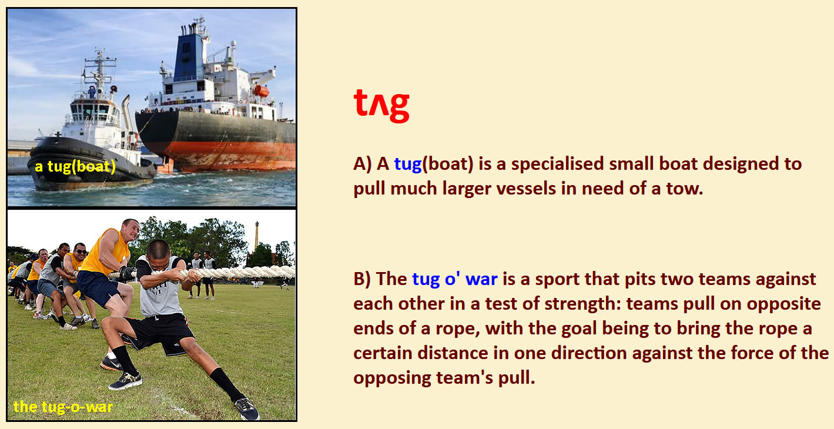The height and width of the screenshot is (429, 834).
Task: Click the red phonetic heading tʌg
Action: pos(381,105)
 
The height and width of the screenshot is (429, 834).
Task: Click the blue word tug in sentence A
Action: pos(408,165)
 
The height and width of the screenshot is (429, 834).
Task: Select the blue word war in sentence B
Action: pos(481,279)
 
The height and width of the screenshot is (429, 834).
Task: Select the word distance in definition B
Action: pos(453,353)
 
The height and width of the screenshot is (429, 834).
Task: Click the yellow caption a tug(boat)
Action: pos(75,167)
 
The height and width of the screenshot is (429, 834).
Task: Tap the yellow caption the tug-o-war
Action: pos(63,407)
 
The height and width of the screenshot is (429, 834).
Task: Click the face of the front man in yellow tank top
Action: pos(132,231)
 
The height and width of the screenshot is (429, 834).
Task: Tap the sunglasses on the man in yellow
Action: pos(81,252)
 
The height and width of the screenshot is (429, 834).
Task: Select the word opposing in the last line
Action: pos(391,378)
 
